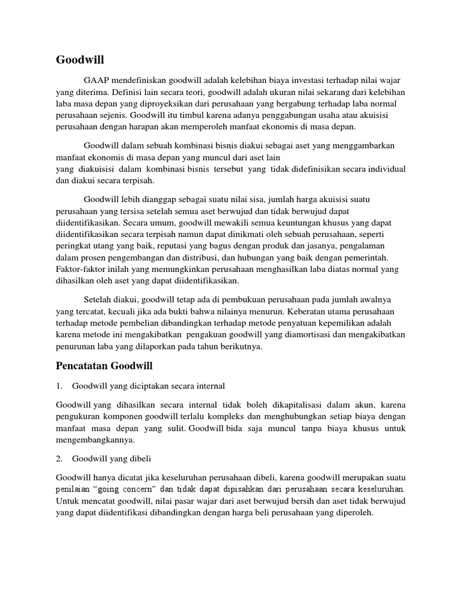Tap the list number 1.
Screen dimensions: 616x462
[60, 385]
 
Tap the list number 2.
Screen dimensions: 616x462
[60, 458]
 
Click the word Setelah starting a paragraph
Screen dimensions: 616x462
[99, 300]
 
